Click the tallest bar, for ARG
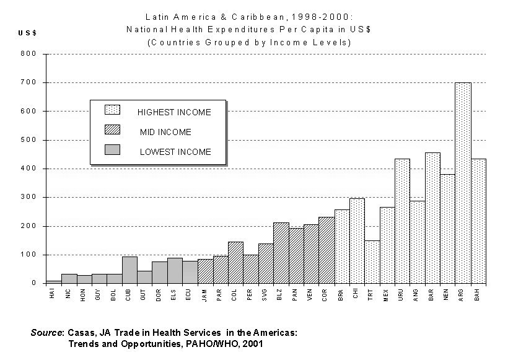(x=463, y=183)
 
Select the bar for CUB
(x=129, y=270)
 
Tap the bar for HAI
(x=54, y=282)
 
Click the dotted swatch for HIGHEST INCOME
(x=112, y=110)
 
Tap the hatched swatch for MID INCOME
(x=112, y=130)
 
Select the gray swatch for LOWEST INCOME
(x=112, y=150)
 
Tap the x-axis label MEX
(x=387, y=295)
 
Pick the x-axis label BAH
(x=478, y=295)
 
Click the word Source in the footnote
(x=46, y=333)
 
